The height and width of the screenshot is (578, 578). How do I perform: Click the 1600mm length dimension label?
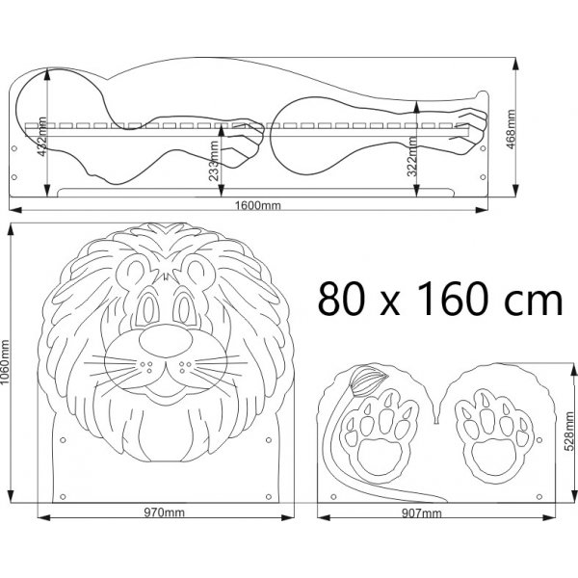[x=257, y=205]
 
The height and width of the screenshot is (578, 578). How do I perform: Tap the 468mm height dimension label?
[x=511, y=129]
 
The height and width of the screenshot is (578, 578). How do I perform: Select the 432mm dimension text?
[x=42, y=137]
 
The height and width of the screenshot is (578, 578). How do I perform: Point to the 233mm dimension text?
[x=214, y=161]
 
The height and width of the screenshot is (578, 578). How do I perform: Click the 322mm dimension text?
[x=412, y=156]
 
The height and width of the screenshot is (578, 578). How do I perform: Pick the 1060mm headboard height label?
[x=5, y=361]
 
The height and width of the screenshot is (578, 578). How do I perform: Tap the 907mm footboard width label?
[x=421, y=513]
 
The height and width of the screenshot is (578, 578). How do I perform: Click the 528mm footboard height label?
[x=569, y=432]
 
